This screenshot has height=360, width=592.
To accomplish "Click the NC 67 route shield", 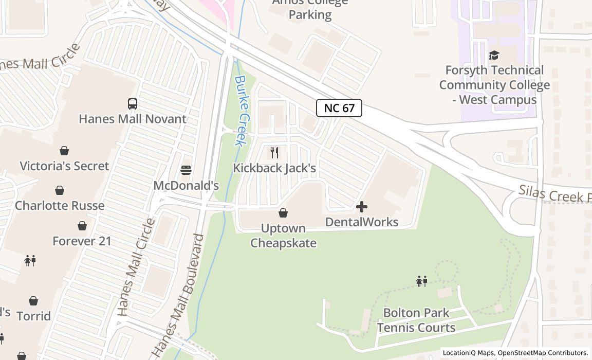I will point(339,108).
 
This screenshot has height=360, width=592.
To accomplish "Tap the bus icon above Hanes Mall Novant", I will point(133,103).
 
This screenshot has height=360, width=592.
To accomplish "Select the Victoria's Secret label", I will point(64,166).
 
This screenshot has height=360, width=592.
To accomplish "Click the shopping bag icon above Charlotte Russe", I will point(60,190).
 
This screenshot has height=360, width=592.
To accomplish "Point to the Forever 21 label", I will point(82,241).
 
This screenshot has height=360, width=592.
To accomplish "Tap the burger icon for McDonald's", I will point(186,170).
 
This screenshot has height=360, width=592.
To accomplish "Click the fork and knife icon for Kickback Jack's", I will point(274,152).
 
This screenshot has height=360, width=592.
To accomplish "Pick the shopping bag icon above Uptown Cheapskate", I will point(283,212).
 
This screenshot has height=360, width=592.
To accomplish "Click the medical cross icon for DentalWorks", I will point(362,207).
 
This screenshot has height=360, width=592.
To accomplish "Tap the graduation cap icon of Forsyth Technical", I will point(494,55).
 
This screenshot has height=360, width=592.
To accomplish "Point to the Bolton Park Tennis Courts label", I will point(416,320).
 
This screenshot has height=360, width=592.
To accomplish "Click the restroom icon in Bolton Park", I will point(422,281).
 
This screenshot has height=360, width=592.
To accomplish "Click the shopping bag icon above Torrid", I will point(33,301).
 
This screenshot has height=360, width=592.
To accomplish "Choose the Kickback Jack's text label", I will point(274,168).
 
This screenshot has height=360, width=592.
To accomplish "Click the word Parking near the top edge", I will point(310,14).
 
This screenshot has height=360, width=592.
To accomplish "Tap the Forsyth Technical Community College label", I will point(494,85).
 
